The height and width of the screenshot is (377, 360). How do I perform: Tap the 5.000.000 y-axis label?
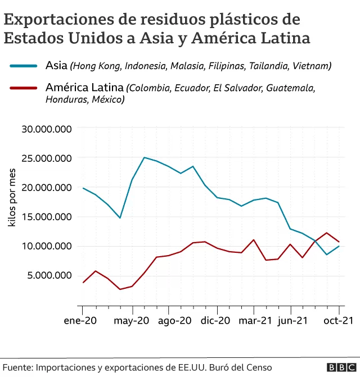pos(50,275)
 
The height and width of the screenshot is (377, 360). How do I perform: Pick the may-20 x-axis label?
pos(132,321)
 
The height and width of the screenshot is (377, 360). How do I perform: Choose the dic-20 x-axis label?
pos(215,321)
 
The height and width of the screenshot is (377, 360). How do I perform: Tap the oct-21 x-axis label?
pos(338,321)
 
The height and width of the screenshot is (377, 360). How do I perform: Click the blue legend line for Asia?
pos(24,66)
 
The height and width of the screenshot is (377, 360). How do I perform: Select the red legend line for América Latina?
pos(24,88)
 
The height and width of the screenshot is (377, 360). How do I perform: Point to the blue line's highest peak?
pos(145,157)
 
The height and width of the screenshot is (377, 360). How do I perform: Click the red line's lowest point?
pos(120,289)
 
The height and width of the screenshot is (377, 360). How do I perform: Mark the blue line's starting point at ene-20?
pos(83,188)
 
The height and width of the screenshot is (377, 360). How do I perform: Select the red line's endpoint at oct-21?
pos(339,242)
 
